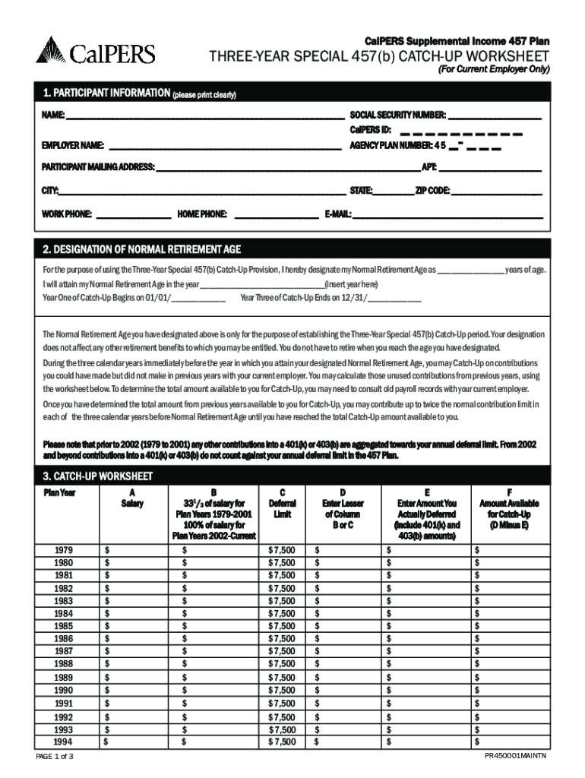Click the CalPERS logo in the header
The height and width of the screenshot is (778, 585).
pos(95,52)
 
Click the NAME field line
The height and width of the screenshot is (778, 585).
pos(205,115)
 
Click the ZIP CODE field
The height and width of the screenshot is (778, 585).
pos(497,191)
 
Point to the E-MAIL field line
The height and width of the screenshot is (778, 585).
pos(448,214)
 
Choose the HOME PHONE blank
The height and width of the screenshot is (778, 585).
pos(277,214)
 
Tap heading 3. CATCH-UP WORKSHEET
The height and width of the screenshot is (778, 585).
pos(98,477)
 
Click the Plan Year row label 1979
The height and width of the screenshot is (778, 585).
pos(65,549)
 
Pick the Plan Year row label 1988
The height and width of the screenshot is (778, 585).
pos(65,663)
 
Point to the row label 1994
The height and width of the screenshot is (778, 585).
pos(65,741)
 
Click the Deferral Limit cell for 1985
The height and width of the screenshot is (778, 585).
pos(282,626)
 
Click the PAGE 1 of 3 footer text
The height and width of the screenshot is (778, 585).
pos(55,757)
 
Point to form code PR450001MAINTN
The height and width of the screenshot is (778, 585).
pos(521,757)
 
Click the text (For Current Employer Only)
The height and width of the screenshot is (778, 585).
pos(492,69)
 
